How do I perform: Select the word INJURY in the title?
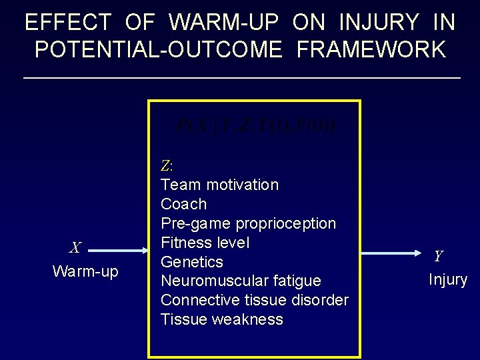tap(379, 23)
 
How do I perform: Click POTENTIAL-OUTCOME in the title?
tap(158, 50)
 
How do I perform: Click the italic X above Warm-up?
tap(75, 248)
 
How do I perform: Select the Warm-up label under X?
tap(85, 272)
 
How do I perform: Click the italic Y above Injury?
tap(438, 256)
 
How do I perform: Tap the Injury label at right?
tap(447, 279)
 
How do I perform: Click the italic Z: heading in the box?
tap(167, 165)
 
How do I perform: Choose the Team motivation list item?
tap(219, 185)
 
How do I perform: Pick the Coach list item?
tap(183, 204)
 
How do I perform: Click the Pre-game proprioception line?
tap(248, 223)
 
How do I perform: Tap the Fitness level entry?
tap(205, 243)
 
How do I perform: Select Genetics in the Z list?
tap(192, 262)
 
